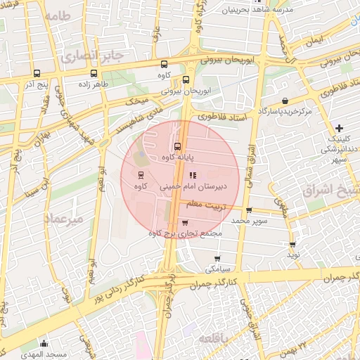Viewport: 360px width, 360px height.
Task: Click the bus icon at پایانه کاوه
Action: click(x=176, y=147)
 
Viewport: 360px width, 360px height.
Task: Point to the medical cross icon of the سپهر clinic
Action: click(x=340, y=128)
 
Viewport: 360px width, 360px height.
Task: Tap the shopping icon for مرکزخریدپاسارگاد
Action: click(x=284, y=101)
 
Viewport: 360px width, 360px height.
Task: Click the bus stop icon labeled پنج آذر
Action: click(x=37, y=72)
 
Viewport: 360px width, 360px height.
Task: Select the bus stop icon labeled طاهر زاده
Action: click(x=94, y=72)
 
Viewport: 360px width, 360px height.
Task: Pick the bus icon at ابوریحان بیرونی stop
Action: click(x=186, y=79)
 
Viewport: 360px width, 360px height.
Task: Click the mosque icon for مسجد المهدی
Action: click(x=44, y=344)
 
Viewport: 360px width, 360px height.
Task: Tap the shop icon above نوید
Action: click(x=292, y=245)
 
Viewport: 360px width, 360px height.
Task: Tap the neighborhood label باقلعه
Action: click(x=218, y=338)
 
